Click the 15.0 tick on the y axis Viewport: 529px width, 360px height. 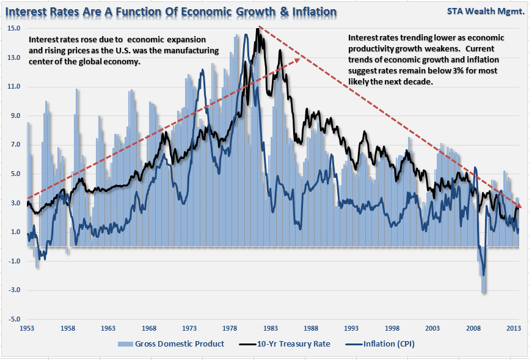coord(14,29)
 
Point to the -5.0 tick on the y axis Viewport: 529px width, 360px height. coord(14,320)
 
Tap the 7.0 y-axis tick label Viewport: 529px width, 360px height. coord(15,145)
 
